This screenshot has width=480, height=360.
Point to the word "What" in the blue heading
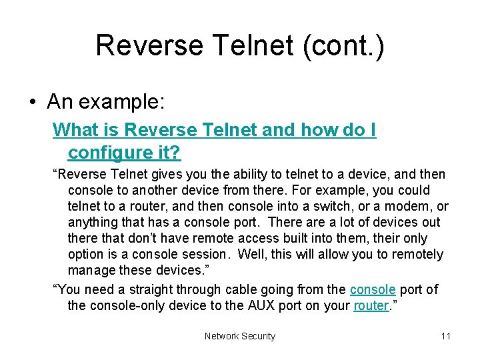(x=75, y=130)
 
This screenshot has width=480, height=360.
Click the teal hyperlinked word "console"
(x=373, y=289)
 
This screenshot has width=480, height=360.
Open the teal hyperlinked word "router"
(x=371, y=305)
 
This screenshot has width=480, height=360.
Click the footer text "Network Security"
(x=239, y=336)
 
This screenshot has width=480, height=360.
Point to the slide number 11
(x=445, y=336)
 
